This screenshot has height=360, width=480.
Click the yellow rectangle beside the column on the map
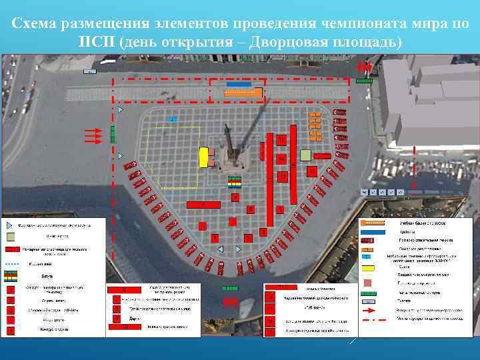coord(203,157)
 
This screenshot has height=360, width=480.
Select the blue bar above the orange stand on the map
coord(239,85)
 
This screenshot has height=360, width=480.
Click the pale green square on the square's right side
coord(305,155)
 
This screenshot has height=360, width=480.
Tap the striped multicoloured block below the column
coord(234,181)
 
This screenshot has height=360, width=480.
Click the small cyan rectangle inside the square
coord(172,119)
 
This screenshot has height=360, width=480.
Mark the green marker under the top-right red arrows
coord(364,80)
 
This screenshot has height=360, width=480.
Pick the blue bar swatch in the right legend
coord(373,231)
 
